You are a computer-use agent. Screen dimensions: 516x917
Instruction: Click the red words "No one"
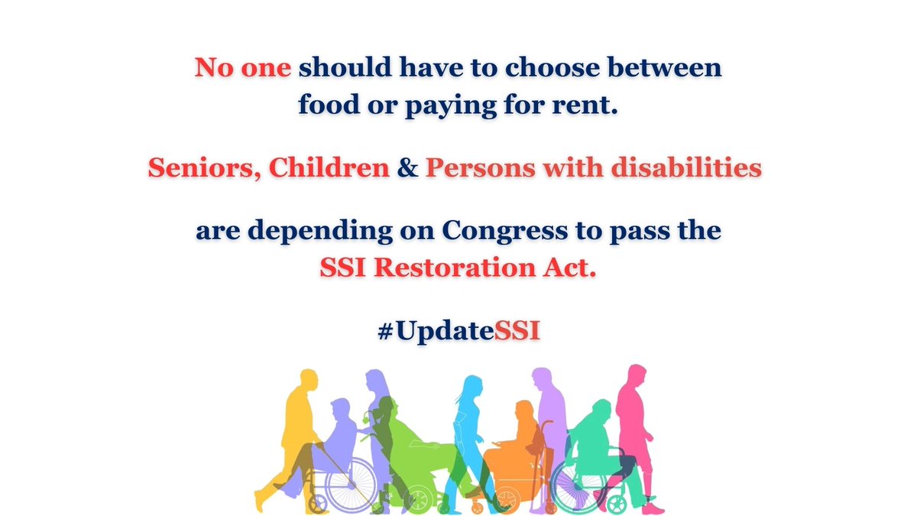243,68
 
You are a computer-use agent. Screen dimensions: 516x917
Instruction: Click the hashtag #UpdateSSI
458,335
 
